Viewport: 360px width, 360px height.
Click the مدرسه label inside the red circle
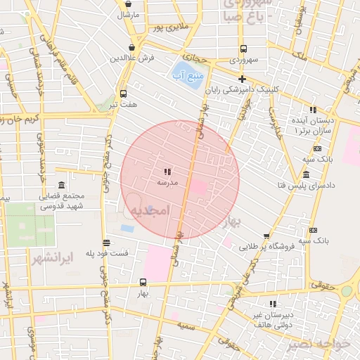click(x=167, y=182)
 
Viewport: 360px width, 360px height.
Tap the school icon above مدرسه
click(x=167, y=172)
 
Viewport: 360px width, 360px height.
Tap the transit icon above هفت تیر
click(x=124, y=94)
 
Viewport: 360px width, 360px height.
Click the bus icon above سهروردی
click(x=243, y=49)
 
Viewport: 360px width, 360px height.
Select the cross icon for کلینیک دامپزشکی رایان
click(x=242, y=79)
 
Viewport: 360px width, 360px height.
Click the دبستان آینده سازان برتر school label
click(x=309, y=126)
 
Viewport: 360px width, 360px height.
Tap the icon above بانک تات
click(x=317, y=148)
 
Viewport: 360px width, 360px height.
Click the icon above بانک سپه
click(x=313, y=230)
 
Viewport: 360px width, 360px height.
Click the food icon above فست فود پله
click(x=106, y=242)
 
